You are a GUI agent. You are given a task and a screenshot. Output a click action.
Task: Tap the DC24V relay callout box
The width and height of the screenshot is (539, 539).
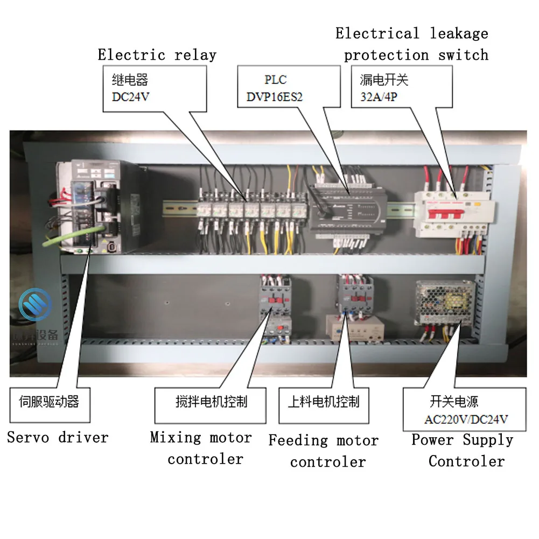(x=155, y=88)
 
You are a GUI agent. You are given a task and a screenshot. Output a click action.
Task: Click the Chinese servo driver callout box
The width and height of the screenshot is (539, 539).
(x=50, y=402)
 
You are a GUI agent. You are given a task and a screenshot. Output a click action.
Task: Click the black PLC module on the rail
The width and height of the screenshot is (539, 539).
(x=345, y=207)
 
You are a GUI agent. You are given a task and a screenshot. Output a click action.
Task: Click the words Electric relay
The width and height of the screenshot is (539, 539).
(x=157, y=55)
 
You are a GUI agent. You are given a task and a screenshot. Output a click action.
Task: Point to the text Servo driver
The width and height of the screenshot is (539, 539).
(x=58, y=437)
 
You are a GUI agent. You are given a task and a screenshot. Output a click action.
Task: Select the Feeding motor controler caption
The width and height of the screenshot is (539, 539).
(x=324, y=451)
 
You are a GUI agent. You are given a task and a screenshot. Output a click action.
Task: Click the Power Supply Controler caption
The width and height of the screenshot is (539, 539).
(x=463, y=450)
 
